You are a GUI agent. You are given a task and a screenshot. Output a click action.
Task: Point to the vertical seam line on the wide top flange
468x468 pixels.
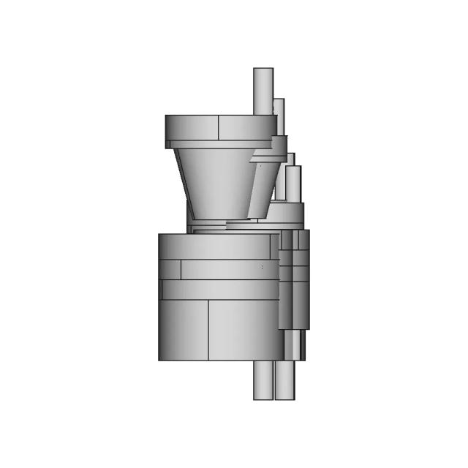pos(219,127)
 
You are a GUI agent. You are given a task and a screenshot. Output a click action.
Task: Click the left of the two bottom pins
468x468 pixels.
pos(263,380)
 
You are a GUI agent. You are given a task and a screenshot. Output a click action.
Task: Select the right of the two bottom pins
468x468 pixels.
pos(285,380)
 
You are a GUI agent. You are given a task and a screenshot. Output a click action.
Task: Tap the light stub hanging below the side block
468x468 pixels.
pos(294,344)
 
